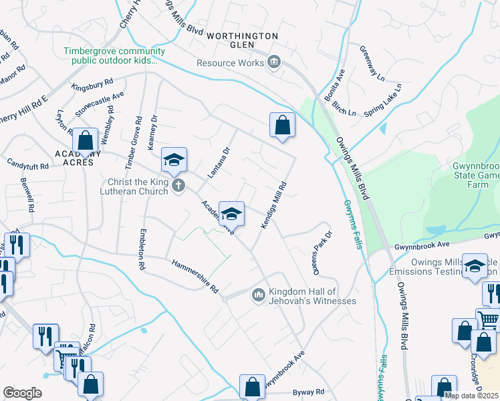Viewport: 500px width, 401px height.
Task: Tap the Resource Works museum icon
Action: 273,63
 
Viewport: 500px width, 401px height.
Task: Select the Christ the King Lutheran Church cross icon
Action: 178,185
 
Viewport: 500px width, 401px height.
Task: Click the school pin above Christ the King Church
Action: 174,160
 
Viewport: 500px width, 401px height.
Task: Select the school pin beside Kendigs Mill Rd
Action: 232,214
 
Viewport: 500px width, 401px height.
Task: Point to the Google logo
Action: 22,393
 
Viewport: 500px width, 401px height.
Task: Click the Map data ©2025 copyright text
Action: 471,396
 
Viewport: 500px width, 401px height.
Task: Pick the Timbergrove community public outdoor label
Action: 114,56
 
